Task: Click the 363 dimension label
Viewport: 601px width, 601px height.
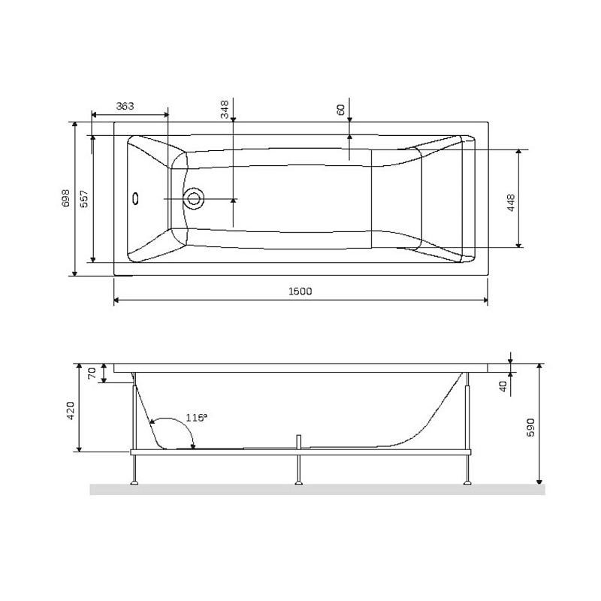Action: pyautogui.click(x=125, y=107)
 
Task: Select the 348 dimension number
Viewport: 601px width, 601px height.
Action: pyautogui.click(x=225, y=110)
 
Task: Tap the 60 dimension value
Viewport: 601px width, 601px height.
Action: pyautogui.click(x=341, y=110)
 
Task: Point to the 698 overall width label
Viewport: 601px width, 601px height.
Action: pyautogui.click(x=66, y=198)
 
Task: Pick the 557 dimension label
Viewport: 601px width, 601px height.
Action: pyautogui.click(x=84, y=198)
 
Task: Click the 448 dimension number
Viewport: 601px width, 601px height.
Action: pyautogui.click(x=510, y=203)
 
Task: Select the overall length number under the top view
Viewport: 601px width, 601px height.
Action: pyautogui.click(x=300, y=291)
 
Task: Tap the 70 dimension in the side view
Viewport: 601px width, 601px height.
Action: pyautogui.click(x=92, y=373)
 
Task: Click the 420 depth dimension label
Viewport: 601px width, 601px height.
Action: pyautogui.click(x=71, y=412)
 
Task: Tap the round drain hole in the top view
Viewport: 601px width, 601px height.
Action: pyautogui.click(x=195, y=199)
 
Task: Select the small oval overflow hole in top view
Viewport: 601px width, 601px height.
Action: pyautogui.click(x=136, y=199)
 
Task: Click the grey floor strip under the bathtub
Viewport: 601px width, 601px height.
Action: pyautogui.click(x=316, y=490)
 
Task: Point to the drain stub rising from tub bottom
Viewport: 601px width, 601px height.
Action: pyautogui.click(x=298, y=441)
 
